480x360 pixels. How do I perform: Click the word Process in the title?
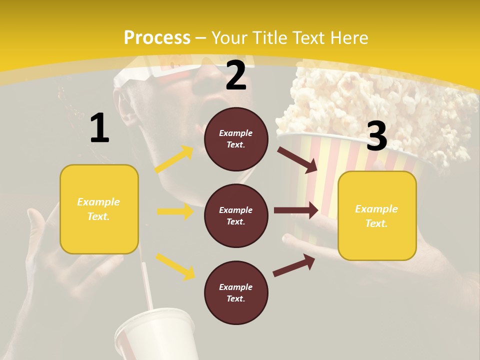coord(157,37)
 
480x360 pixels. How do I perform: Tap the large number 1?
coord(99,128)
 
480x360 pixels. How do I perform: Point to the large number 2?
coord(236,75)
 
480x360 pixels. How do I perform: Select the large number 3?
coord(376,136)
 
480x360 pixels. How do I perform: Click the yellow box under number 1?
coord(99,209)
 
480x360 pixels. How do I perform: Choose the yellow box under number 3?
coord(377,215)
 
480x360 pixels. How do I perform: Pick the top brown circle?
coord(236,139)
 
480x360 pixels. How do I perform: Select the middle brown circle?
coord(236,215)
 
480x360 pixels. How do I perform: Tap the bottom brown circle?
coord(236,292)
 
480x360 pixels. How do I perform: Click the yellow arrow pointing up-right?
coord(174,159)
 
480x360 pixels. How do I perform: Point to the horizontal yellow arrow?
coord(175,211)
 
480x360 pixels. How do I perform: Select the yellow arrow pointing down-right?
coord(175,266)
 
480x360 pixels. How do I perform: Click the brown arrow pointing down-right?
coord(297,159)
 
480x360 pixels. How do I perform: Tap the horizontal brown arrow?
coord(296,210)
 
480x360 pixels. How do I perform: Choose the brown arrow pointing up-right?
coord(294,265)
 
